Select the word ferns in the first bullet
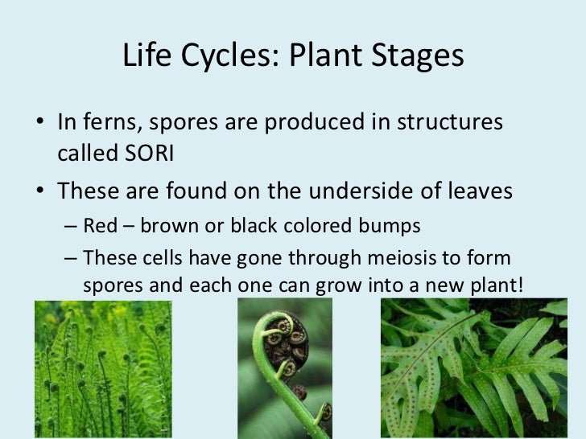pyautogui.click(x=109, y=122)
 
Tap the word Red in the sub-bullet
pyautogui.click(x=99, y=226)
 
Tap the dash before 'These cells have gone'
pyautogui.click(x=70, y=258)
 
